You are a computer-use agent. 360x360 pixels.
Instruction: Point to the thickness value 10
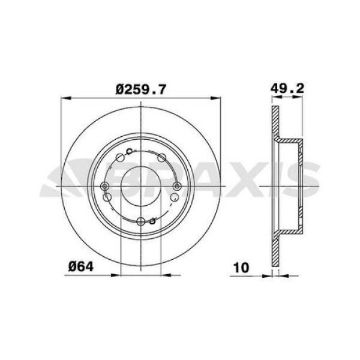tap(241, 267)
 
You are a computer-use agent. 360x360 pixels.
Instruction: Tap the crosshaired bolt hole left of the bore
tap(105, 186)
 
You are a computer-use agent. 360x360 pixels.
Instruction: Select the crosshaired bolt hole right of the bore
tap(176, 186)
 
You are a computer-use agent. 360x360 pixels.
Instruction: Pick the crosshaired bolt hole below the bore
tap(140, 221)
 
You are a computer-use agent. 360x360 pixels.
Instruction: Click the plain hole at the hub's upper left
tap(119, 158)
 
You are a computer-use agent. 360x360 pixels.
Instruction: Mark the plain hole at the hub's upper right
tap(161, 157)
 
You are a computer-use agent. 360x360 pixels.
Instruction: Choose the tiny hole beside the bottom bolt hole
tap(152, 221)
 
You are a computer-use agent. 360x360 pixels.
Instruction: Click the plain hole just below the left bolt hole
tap(107, 197)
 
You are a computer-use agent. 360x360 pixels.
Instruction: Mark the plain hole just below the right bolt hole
tap(174, 197)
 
